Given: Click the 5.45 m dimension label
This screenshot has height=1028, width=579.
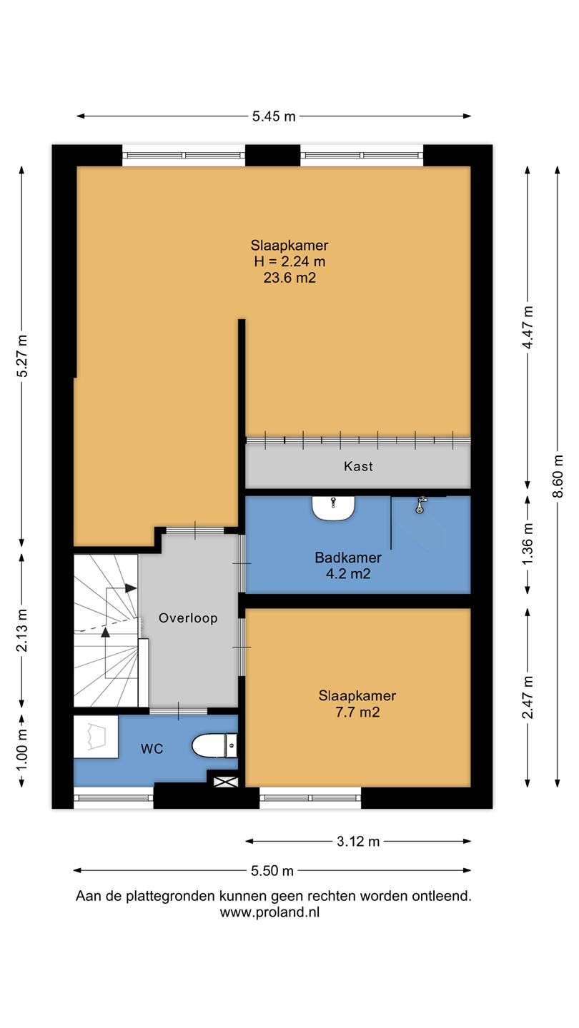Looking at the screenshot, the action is click(x=273, y=116).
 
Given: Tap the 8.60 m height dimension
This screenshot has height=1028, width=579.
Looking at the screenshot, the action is click(x=558, y=476).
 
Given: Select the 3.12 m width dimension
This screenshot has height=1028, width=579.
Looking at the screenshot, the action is click(x=358, y=841).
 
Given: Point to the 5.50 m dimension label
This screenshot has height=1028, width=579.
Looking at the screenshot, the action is click(x=272, y=871).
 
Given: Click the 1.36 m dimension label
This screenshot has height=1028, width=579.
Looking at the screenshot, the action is click(x=528, y=544).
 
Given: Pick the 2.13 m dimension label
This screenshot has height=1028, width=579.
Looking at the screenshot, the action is click(x=21, y=630).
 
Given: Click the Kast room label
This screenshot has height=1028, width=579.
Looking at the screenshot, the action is click(x=358, y=466).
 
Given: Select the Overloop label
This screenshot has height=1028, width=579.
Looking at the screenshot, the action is click(x=188, y=618).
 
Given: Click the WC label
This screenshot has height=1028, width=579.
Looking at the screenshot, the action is click(x=152, y=749).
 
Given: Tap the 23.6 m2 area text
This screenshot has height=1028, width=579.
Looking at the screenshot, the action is click(x=289, y=278).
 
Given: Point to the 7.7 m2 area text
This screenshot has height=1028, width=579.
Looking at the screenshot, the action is click(x=357, y=712).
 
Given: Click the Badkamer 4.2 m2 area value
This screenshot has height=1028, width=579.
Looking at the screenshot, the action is click(x=348, y=574).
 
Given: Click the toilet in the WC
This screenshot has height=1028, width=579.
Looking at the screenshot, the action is click(x=214, y=745).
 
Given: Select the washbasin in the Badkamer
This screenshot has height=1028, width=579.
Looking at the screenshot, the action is click(x=333, y=508).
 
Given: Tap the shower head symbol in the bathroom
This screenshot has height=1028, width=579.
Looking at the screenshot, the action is click(x=420, y=504).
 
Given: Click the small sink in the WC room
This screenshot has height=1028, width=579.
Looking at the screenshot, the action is click(x=96, y=737).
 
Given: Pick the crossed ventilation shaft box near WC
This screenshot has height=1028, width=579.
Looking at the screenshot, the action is click(x=226, y=782).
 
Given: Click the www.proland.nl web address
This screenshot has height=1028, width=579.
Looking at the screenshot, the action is click(x=269, y=912).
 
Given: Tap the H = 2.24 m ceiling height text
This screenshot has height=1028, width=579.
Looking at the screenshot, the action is click(x=289, y=261).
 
